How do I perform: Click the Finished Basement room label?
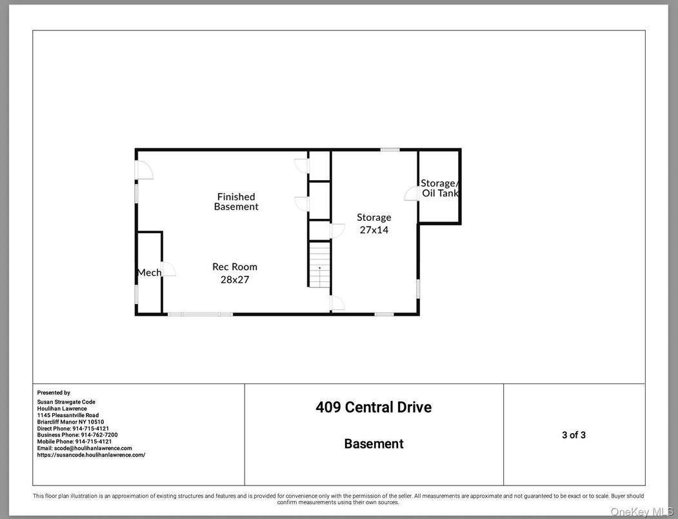[x=236, y=201]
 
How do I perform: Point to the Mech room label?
[x=149, y=272]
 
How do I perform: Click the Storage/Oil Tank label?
[x=439, y=188]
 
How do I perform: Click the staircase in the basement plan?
[x=319, y=265]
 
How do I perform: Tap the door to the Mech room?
[x=168, y=270]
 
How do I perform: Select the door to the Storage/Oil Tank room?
[x=412, y=193]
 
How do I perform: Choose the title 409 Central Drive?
[x=374, y=407]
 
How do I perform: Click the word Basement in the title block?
[x=374, y=443]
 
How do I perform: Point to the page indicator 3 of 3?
[x=573, y=435]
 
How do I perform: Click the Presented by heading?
[x=54, y=392]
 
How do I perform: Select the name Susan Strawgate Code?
[x=66, y=402]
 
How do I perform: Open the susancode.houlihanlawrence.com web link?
[x=91, y=455]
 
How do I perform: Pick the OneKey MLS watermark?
[x=642, y=512]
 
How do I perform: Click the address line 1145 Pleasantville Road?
[x=68, y=415]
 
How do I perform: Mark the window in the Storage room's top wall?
[x=390, y=150]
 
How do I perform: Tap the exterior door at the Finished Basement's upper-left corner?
[x=144, y=169]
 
